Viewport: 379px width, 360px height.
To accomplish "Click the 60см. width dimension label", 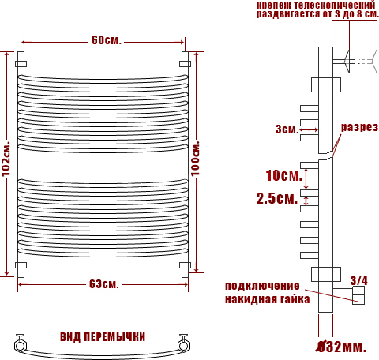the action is (x=107, y=40).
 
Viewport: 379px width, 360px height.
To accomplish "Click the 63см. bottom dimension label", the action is (x=104, y=283).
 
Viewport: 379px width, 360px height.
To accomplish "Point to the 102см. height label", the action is (x=6, y=159).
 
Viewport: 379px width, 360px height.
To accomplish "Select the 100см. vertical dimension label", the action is (x=195, y=159).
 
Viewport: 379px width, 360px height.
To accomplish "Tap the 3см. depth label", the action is (x=287, y=129).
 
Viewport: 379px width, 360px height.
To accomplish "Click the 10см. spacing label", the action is (x=283, y=175).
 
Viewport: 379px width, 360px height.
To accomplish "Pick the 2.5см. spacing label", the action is (x=277, y=198).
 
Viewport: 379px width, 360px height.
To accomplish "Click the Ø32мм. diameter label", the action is (x=341, y=347).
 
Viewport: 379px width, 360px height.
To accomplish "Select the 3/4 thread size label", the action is (x=358, y=281).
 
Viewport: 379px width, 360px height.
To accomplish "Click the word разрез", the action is (x=359, y=127).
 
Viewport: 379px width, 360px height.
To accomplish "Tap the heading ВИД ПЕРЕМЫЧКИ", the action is (x=103, y=337).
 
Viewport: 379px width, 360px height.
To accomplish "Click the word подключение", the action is (x=262, y=286).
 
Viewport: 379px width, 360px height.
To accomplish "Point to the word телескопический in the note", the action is (x=334, y=5).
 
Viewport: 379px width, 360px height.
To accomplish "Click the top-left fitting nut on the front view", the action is (x=21, y=64).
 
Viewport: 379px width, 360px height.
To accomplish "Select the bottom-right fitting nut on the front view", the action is (x=185, y=264).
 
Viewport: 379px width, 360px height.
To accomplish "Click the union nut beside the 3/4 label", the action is (x=358, y=295).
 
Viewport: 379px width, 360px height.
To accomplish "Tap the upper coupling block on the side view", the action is (x=326, y=84).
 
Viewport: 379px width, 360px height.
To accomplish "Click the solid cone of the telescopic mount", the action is (x=347, y=62).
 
